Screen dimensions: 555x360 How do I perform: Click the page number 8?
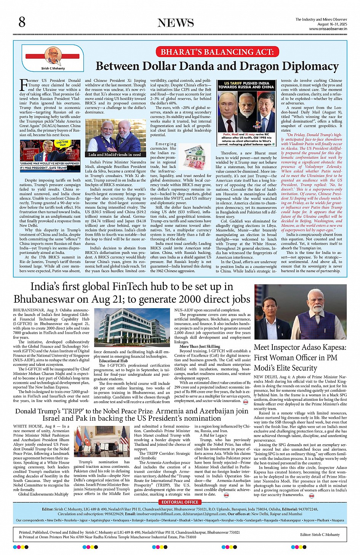tap(22, 22)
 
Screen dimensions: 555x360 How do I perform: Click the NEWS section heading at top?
tap(176, 23)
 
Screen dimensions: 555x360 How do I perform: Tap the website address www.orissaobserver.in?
tap(328, 29)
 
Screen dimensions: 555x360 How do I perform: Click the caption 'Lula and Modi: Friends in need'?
tap(115, 155)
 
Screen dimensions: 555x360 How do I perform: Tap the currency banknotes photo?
tap(195, 156)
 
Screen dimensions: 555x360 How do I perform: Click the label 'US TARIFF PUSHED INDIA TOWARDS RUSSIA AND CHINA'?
tap(246, 85)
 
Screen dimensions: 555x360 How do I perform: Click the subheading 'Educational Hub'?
tap(113, 360)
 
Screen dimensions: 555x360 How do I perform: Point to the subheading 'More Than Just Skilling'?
tap(200, 346)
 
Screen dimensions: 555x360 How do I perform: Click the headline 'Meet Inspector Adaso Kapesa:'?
tap(300, 347)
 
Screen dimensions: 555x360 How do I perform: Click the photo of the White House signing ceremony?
tap(101, 442)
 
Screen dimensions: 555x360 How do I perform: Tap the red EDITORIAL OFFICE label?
tap(180, 502)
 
